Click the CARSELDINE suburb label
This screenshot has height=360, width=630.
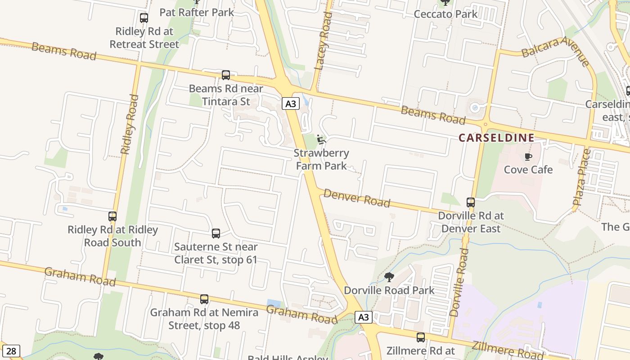496,138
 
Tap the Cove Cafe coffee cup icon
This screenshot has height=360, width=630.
528,157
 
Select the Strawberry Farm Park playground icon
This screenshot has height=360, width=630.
321,139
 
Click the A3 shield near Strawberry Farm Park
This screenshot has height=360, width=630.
291,104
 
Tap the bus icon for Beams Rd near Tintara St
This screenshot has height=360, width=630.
226,75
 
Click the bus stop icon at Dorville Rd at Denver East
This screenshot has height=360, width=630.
471,202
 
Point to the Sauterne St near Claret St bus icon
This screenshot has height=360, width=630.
216,234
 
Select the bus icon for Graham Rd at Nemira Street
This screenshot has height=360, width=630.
204,299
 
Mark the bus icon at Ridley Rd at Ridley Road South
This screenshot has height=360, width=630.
112,216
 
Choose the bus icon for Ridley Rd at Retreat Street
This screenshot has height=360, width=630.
144,18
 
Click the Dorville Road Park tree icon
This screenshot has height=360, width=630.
389,277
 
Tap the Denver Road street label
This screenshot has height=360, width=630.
357,198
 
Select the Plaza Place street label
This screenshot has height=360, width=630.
581,177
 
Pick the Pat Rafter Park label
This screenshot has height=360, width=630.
197,12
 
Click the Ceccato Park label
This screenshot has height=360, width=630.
445,14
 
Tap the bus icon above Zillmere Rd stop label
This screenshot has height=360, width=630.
421,337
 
